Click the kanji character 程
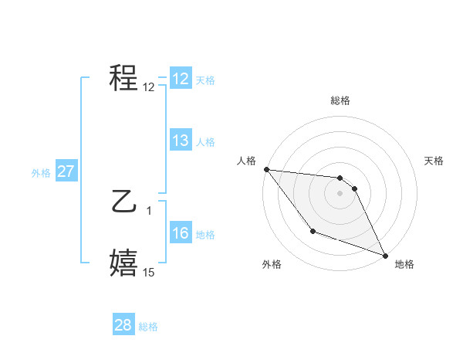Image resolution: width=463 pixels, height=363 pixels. pos(124,77)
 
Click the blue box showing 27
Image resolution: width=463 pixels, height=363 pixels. pos(66,171)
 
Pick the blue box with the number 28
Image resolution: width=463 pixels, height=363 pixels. pos(123,325)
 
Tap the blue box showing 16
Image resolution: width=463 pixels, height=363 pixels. pos(181,233)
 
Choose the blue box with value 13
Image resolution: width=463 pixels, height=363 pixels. pos(181,141)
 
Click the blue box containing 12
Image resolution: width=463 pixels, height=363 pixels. pos(181,79)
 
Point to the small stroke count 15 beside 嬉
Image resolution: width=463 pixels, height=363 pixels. pos(148,273)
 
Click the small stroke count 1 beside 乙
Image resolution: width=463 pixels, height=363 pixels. pos(148,209)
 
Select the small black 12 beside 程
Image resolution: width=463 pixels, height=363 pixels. pos(148,87)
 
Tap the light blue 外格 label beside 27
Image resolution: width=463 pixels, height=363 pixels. pos(41,173)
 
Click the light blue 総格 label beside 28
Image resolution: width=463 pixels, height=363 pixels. pos(147,327)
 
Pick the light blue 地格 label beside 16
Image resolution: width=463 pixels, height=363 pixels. pos(205,235)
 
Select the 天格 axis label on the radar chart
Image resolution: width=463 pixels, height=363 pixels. pos(434,161)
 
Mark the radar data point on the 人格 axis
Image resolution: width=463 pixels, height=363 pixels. pos(266,169)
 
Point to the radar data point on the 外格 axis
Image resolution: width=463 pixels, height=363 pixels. pos(313,231)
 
